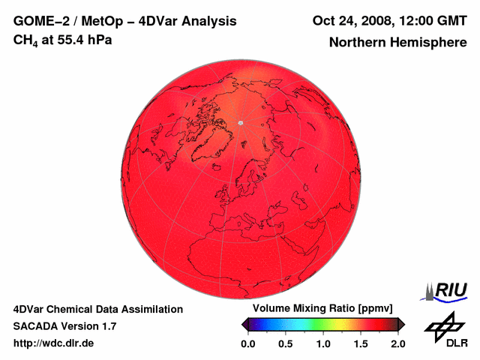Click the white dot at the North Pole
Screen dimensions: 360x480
point(240,122)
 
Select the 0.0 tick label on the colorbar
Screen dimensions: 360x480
point(247,343)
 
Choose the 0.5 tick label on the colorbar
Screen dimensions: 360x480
point(286,343)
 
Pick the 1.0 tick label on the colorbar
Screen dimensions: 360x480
point(323,343)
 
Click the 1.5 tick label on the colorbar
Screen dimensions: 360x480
point(361,343)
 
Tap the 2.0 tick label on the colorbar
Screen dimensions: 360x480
point(398,343)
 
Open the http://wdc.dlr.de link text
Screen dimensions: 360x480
point(54,343)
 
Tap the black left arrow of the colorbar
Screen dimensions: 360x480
point(244,324)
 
